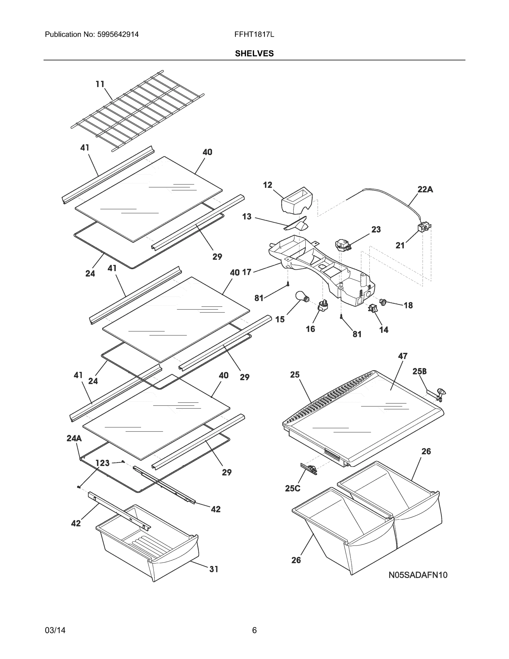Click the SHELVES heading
[x=254, y=54]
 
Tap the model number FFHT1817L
[x=254, y=34]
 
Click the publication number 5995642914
[x=118, y=34]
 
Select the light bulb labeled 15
[x=301, y=296]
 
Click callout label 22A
[x=425, y=189]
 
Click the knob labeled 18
[x=384, y=301]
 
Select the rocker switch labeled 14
[x=373, y=308]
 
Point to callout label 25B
[x=420, y=372]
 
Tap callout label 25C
[x=293, y=488]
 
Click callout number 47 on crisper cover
[x=403, y=356]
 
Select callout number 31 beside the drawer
[x=214, y=569]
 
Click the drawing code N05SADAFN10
[x=418, y=575]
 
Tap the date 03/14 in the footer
[x=55, y=630]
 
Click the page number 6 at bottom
[x=254, y=630]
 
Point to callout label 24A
[x=74, y=439]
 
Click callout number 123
[x=103, y=463]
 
